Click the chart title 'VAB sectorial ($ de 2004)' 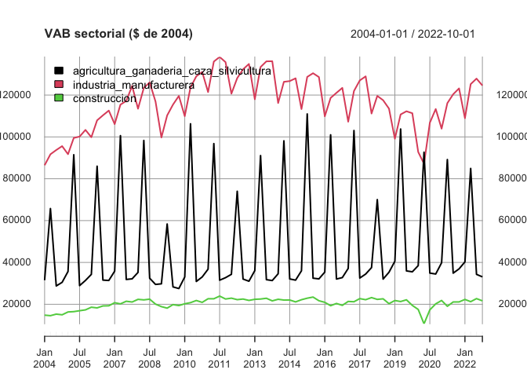118,34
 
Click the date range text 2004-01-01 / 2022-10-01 413,34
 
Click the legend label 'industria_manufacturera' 133,85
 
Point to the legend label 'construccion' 104,99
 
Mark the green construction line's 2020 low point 424,323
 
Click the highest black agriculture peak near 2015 307,114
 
